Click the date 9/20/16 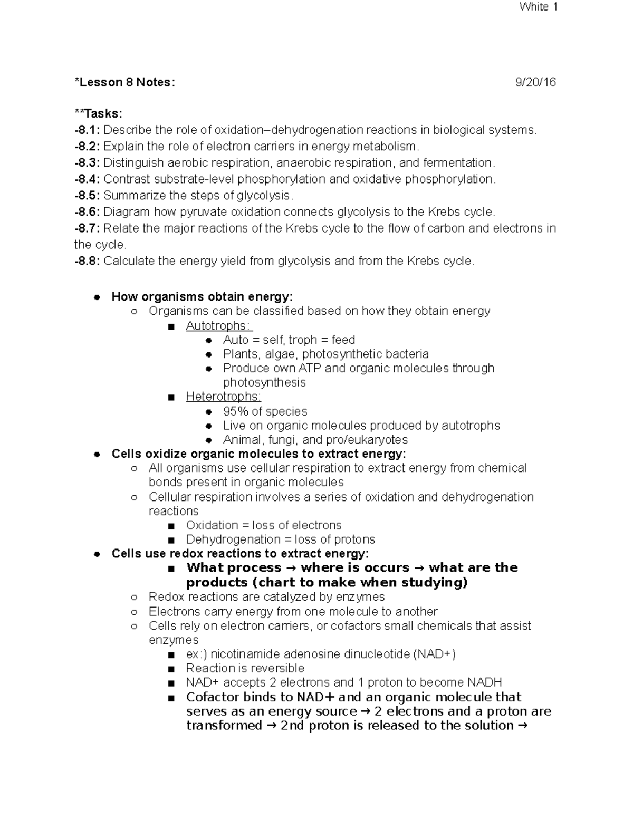[535, 82]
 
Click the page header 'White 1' [539, 7]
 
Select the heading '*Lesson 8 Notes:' [124, 82]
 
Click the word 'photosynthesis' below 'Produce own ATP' [264, 382]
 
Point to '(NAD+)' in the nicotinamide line [435, 654]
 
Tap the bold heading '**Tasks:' [98, 114]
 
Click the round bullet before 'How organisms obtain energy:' [97, 297]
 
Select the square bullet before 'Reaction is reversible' [170, 669]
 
